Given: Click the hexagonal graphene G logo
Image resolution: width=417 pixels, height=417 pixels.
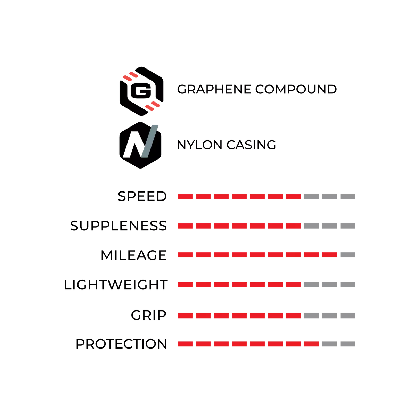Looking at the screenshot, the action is pos(141,91).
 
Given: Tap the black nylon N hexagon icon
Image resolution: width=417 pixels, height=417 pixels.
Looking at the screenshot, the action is pos(140,145).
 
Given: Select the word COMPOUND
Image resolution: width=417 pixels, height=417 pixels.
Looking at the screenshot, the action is pos(296,89).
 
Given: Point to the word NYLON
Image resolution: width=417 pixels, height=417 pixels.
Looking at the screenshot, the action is pos(199,145).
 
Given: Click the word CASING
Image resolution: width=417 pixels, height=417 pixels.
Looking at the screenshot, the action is pos(251,145).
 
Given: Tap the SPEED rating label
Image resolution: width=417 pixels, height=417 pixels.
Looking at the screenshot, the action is pos(142,196).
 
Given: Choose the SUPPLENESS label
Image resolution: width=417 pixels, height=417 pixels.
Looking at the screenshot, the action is pos(118,226).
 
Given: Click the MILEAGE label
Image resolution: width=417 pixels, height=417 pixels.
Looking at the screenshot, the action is pos(133,255).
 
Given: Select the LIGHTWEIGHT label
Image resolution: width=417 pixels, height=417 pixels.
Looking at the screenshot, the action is pos(116,285).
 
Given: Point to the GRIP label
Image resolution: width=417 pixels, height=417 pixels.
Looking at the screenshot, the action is pos(149,315).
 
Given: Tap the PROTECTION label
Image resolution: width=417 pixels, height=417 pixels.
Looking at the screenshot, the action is pos(121,344).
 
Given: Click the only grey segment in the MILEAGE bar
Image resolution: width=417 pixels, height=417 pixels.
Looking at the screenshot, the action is pos(348,255).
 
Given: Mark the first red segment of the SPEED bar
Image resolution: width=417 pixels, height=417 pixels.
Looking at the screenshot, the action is pos(185,197).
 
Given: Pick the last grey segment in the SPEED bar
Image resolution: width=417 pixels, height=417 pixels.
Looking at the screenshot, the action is pos(348,197).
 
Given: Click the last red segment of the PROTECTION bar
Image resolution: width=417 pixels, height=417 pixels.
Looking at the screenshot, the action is pos(312,344).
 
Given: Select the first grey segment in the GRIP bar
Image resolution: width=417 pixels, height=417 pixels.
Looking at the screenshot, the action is pos(312,316).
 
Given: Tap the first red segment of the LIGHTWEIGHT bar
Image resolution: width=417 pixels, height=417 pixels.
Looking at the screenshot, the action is pos(185,285).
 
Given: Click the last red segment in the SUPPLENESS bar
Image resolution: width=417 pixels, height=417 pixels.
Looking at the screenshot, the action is pos(293,226).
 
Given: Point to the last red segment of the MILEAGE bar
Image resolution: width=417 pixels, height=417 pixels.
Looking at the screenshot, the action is pos(329,255).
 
